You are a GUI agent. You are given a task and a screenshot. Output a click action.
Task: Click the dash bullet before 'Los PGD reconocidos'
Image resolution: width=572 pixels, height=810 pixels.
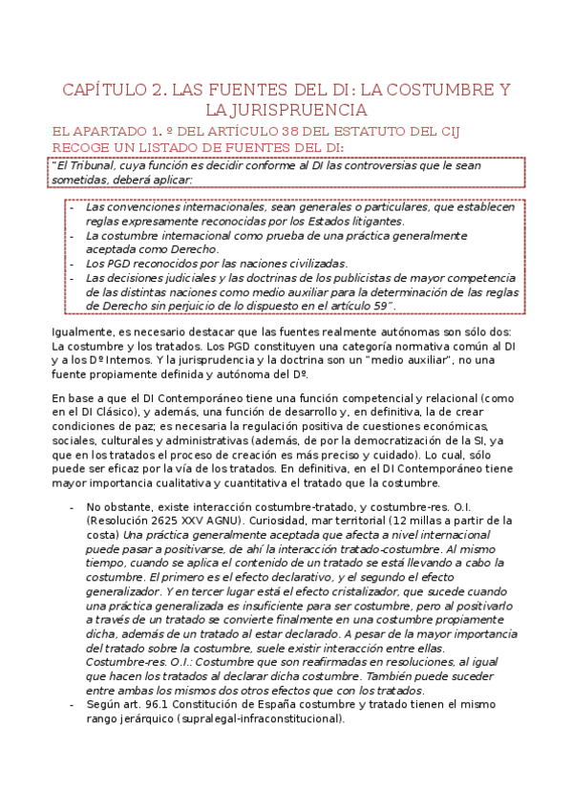tap(74, 264)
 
